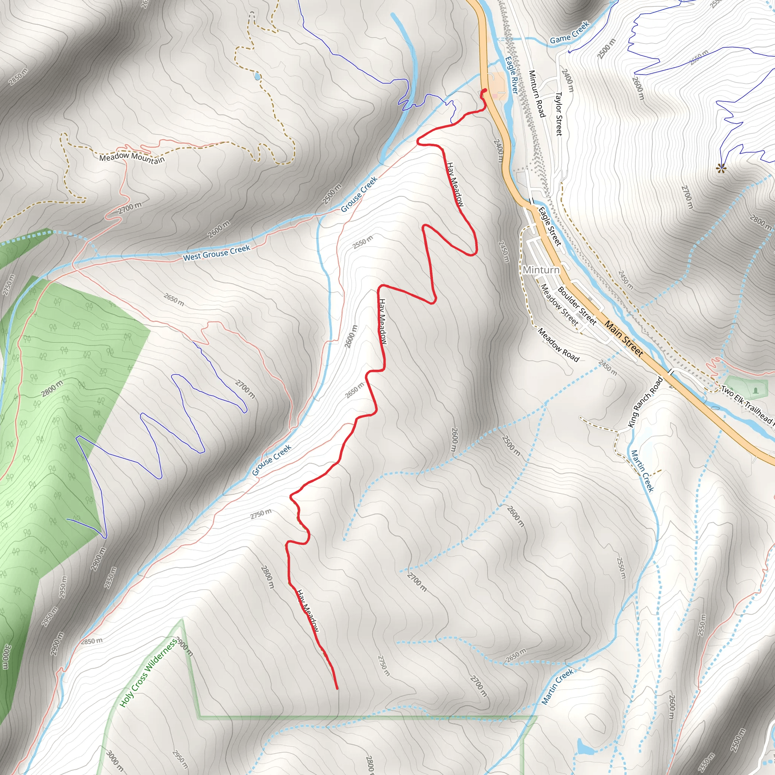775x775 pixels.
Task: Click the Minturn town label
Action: (x=541, y=269)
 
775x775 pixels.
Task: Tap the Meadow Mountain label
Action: (x=132, y=158)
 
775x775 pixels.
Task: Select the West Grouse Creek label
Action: (x=216, y=253)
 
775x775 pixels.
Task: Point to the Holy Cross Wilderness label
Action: (x=148, y=673)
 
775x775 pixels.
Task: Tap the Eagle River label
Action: (x=512, y=75)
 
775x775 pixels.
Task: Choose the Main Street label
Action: (x=624, y=339)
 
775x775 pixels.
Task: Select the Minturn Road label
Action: (x=537, y=94)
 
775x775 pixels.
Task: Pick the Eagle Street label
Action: (x=549, y=226)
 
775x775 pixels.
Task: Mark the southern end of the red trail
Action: (x=336, y=688)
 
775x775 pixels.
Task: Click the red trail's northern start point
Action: (x=485, y=90)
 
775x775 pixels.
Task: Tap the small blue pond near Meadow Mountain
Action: (x=257, y=76)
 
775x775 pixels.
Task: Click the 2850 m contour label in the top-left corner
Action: (x=19, y=77)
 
